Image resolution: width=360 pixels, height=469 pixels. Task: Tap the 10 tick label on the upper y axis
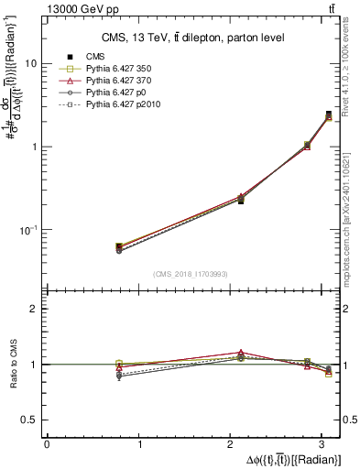point(31,64)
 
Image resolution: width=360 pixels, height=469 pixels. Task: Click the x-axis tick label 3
point(327,444)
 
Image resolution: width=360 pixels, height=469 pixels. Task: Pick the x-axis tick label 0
point(47,444)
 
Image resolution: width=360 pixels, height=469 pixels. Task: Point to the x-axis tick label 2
point(234,444)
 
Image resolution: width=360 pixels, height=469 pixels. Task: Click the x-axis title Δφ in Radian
point(289,459)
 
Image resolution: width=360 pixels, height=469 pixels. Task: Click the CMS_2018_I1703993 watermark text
point(192,273)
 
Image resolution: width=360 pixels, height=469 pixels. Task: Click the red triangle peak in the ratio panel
point(241,353)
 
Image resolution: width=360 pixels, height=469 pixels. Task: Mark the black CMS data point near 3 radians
point(329,115)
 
